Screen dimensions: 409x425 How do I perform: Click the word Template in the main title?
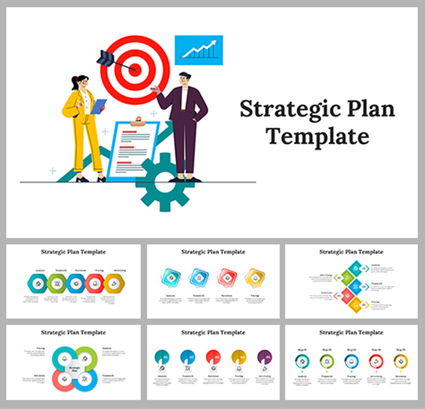coord(317,135)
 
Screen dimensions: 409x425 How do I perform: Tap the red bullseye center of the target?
coord(134,65)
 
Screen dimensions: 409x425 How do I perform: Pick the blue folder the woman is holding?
coord(97,107)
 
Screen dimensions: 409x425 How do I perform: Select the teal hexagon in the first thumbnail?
coord(36,283)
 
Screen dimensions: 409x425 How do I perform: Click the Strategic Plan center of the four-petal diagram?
coord(74,368)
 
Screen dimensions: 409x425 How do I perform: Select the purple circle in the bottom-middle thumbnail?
coord(265,357)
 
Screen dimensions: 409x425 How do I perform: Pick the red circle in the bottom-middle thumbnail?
coord(213,357)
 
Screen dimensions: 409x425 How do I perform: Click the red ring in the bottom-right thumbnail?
coord(376,361)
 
